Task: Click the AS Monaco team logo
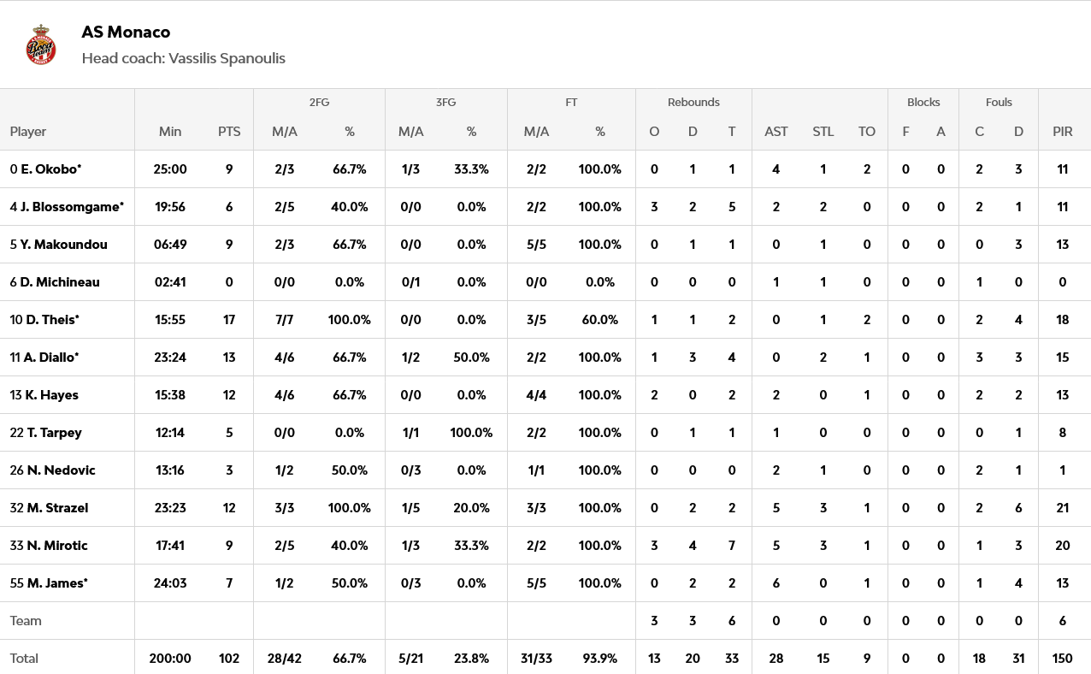coord(40,44)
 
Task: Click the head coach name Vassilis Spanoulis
coord(227,58)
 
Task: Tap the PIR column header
coord(1063,132)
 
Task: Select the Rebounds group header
coord(693,102)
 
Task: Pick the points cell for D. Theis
coord(229,320)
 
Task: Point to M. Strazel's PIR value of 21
coord(1063,508)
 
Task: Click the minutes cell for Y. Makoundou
coord(170,245)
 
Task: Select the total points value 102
coord(229,659)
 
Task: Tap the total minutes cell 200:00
coord(170,659)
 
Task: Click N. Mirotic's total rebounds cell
coord(732,546)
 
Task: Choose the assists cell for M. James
coord(776,583)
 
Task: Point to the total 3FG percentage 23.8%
coord(471,659)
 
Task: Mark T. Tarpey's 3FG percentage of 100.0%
coord(471,433)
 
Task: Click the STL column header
coord(823,132)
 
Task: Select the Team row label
coord(26,621)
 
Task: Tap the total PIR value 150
coord(1063,659)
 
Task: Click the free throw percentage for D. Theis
coord(600,320)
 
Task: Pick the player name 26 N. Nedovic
coord(53,470)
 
